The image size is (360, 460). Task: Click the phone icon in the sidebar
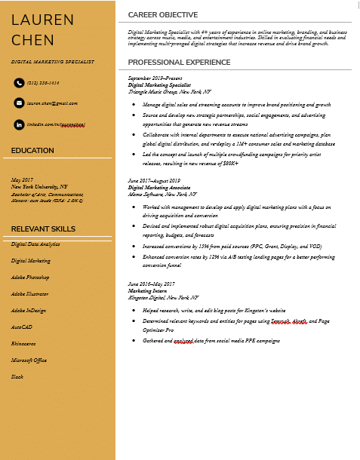pyautogui.click(x=19, y=83)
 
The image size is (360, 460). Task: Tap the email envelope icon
pyautogui.click(x=19, y=103)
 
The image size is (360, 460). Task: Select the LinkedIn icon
pyautogui.click(x=19, y=124)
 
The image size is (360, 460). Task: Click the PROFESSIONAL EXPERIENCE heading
pyautogui.click(x=179, y=62)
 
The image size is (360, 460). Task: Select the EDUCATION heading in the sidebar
pyautogui.click(x=32, y=151)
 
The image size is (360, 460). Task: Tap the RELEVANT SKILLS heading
pyautogui.click(x=43, y=228)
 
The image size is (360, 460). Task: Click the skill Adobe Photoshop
pyautogui.click(x=30, y=278)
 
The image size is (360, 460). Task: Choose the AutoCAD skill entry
pyautogui.click(x=22, y=327)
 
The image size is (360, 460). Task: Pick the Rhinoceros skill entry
pyautogui.click(x=24, y=344)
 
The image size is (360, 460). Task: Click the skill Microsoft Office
pyautogui.click(x=29, y=360)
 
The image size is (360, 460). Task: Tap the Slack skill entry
pyautogui.click(x=17, y=376)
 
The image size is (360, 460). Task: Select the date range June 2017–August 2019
pyautogui.click(x=154, y=181)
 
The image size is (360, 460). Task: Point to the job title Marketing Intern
pyautogui.click(x=146, y=290)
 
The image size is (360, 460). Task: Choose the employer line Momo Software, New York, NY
pyautogui.click(x=162, y=194)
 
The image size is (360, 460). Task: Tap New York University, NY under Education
pyautogui.click(x=38, y=186)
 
